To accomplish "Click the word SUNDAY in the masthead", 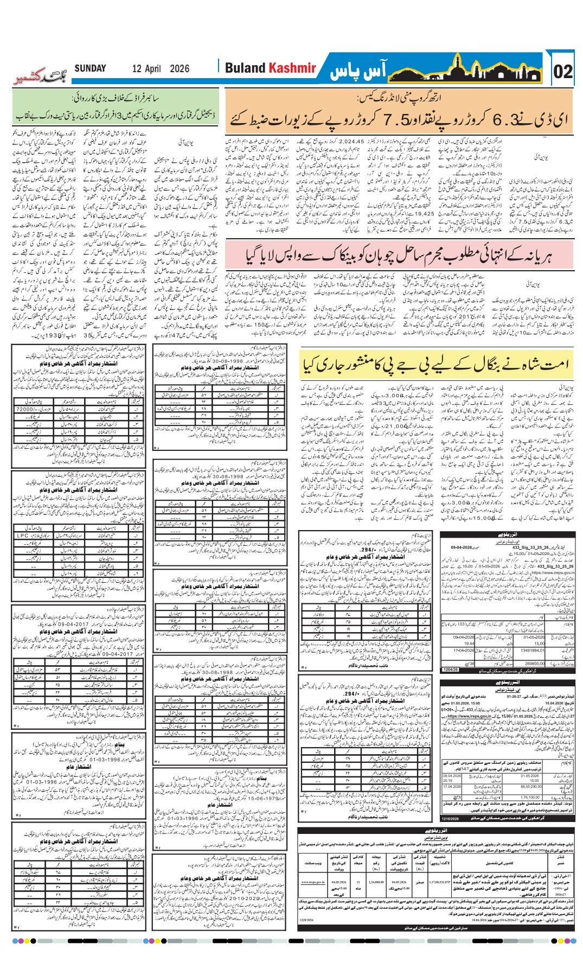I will click(91, 68).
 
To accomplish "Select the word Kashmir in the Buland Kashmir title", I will click(292, 68).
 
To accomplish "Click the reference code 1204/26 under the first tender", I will click(450, 670).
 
